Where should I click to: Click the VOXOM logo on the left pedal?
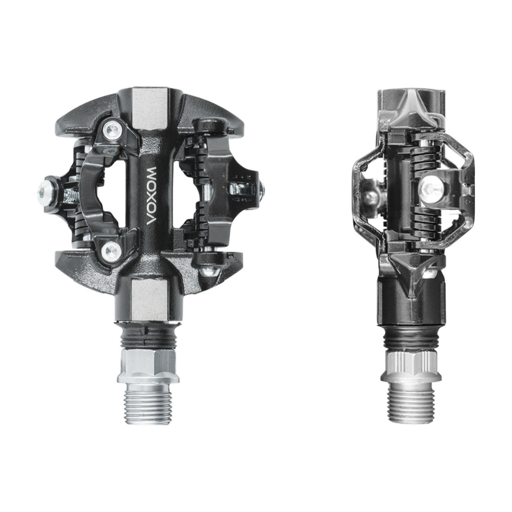click(153, 196)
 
